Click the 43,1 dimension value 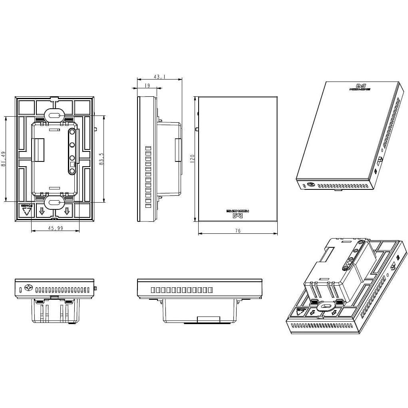click(159, 76)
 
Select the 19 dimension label click(147, 85)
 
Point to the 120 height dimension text click(192, 159)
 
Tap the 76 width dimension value click(238, 231)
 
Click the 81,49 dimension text click(4, 159)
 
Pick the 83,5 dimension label click(102, 159)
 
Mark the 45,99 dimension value click(55, 228)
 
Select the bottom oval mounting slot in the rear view click(55, 202)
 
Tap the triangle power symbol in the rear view click(26, 211)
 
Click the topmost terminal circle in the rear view click(72, 131)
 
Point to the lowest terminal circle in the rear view click(72, 171)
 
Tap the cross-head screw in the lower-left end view click(28, 287)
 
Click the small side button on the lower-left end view click(96, 288)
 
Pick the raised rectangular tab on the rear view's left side click(38, 150)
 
